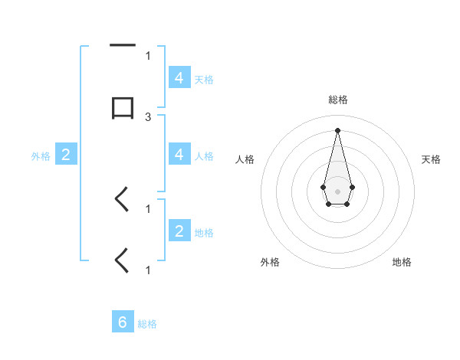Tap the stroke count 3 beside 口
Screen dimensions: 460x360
(x=148, y=116)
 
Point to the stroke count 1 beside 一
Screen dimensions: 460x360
(x=148, y=55)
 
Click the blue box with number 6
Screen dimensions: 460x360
(x=123, y=323)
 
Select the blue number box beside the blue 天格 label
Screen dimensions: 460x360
(x=179, y=78)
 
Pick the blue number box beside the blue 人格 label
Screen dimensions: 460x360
(x=179, y=155)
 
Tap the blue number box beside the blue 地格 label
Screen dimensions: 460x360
(x=179, y=231)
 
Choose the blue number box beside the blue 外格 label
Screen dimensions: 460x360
(x=66, y=155)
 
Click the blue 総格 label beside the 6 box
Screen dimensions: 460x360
(x=147, y=324)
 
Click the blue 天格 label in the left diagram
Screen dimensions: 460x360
(x=204, y=79)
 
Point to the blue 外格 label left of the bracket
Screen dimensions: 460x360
(x=41, y=155)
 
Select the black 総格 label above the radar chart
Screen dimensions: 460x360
(x=337, y=100)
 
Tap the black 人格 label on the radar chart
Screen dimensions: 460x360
(x=245, y=159)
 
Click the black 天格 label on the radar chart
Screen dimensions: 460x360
(x=431, y=159)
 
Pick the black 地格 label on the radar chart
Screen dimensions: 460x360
(x=402, y=262)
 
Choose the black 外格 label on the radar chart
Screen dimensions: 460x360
(x=270, y=262)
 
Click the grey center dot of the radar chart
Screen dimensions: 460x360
(x=337, y=190)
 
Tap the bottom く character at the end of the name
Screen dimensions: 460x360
(x=122, y=260)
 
